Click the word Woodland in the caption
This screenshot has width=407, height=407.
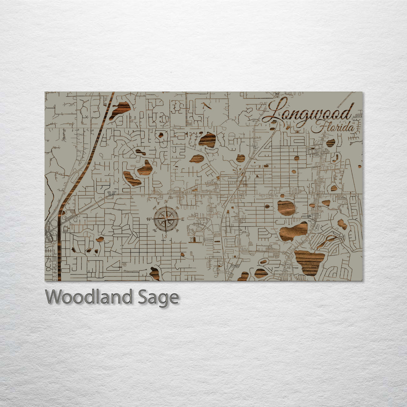[89, 297]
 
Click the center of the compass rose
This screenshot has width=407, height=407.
[166, 219]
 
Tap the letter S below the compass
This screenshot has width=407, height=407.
[166, 236]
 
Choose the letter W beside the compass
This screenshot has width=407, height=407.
[149, 219]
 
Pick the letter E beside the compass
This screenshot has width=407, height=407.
[183, 219]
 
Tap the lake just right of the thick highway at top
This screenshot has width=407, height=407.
[121, 109]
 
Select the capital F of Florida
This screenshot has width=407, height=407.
[317, 127]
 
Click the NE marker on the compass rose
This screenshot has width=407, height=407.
[176, 208]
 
